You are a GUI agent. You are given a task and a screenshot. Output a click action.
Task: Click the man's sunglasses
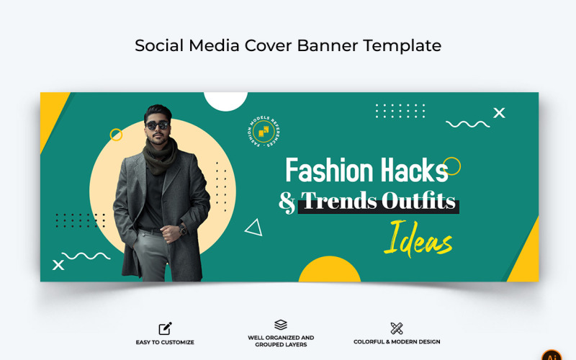(x=157, y=125)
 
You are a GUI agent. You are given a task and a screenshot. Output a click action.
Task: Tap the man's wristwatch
(x=184, y=229)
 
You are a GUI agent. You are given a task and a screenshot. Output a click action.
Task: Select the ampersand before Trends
(x=287, y=202)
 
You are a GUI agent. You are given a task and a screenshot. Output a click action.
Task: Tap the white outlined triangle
(x=253, y=228)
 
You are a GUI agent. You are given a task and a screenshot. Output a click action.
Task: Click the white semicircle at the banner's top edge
(x=225, y=100)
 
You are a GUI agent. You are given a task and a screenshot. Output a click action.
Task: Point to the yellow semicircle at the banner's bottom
(x=329, y=270)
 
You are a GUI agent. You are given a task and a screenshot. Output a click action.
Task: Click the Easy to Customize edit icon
(x=165, y=328)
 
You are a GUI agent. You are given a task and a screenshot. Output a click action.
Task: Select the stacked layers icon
(x=281, y=325)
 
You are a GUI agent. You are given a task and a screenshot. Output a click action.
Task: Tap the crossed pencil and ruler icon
(x=396, y=328)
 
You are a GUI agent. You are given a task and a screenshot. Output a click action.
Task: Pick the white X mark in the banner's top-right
(x=499, y=112)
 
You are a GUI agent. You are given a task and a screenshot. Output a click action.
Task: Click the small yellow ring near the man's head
(x=116, y=135)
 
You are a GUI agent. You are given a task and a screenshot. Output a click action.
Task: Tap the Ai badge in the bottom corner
(x=552, y=355)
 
